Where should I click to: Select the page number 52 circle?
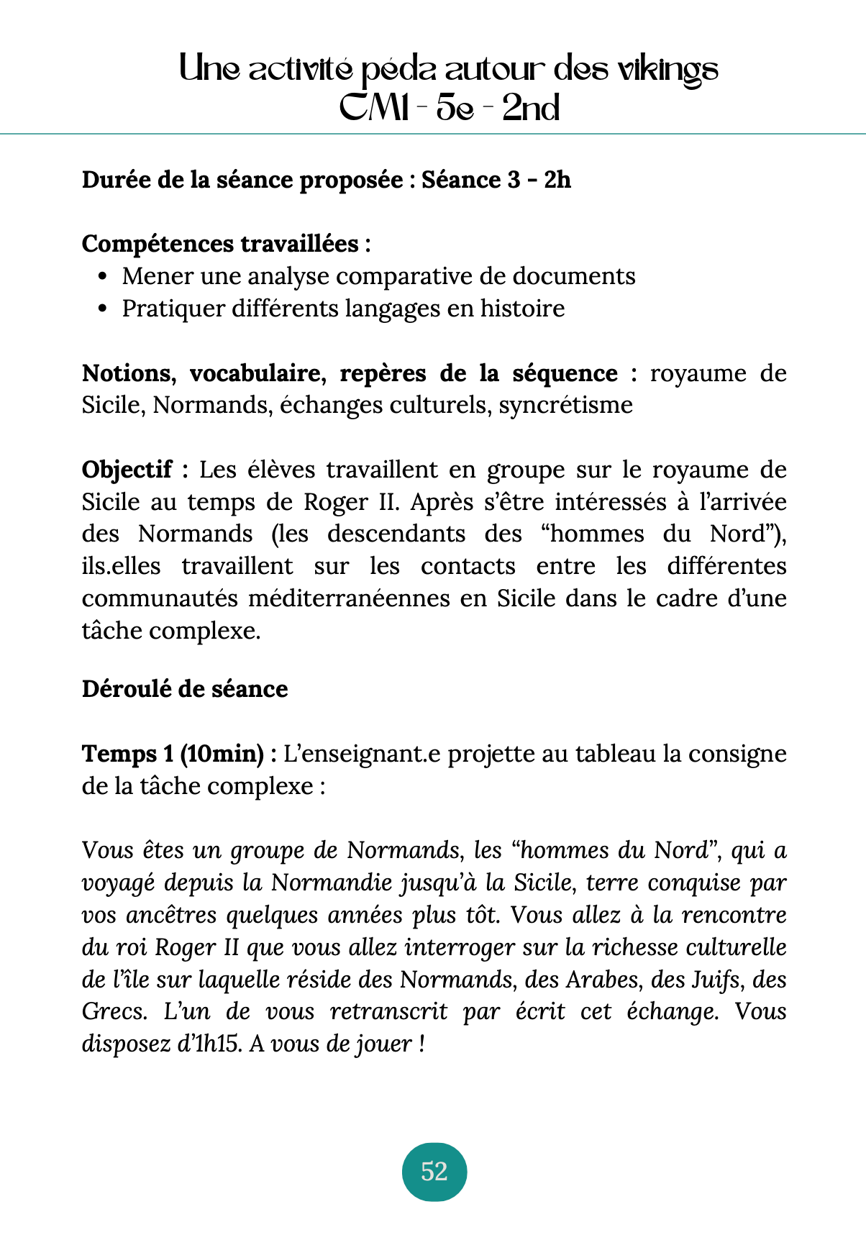(x=434, y=1172)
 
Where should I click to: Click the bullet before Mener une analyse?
(x=102, y=277)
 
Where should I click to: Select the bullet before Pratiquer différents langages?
(x=102, y=309)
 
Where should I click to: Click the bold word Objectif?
(x=127, y=470)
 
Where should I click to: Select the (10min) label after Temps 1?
(x=222, y=754)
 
